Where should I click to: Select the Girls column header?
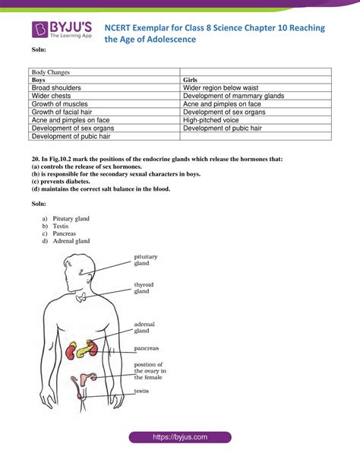(191, 80)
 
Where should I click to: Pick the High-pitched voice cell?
(213, 120)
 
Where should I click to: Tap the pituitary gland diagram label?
(147, 261)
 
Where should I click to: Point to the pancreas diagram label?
(147, 348)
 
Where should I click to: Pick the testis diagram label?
(141, 392)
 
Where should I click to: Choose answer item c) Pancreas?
(64, 233)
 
